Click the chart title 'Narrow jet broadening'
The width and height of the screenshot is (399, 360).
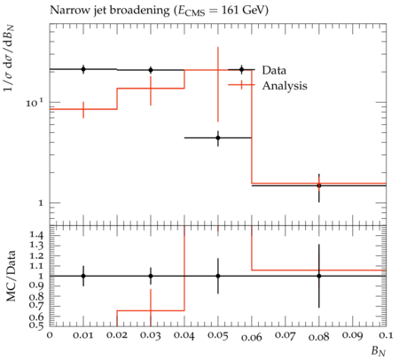click(110, 11)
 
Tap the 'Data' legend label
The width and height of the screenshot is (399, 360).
click(274, 70)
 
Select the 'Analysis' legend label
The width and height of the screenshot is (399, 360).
click(285, 86)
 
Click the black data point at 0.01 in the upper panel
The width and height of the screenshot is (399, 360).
click(83, 69)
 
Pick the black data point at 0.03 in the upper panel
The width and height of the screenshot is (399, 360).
click(151, 70)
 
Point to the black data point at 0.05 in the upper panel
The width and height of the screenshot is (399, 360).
click(218, 137)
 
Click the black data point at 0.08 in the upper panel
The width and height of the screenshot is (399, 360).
click(319, 185)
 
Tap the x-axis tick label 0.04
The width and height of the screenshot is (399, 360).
click(184, 336)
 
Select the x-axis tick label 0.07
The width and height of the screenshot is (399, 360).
click(286, 336)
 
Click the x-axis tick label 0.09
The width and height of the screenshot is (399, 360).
click(353, 335)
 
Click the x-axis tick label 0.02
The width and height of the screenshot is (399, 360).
click(117, 335)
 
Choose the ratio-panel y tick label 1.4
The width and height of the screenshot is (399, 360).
click(36, 236)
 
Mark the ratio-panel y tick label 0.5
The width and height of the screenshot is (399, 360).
click(36, 325)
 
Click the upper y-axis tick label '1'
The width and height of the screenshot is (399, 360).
click(41, 203)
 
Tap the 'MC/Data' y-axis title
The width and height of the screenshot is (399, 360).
click(11, 276)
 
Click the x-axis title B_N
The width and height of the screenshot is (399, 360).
click(379, 351)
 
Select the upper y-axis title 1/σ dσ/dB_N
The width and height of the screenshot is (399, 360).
click(10, 59)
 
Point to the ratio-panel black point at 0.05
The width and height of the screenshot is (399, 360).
click(218, 276)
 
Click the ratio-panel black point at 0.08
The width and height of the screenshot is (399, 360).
click(319, 276)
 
